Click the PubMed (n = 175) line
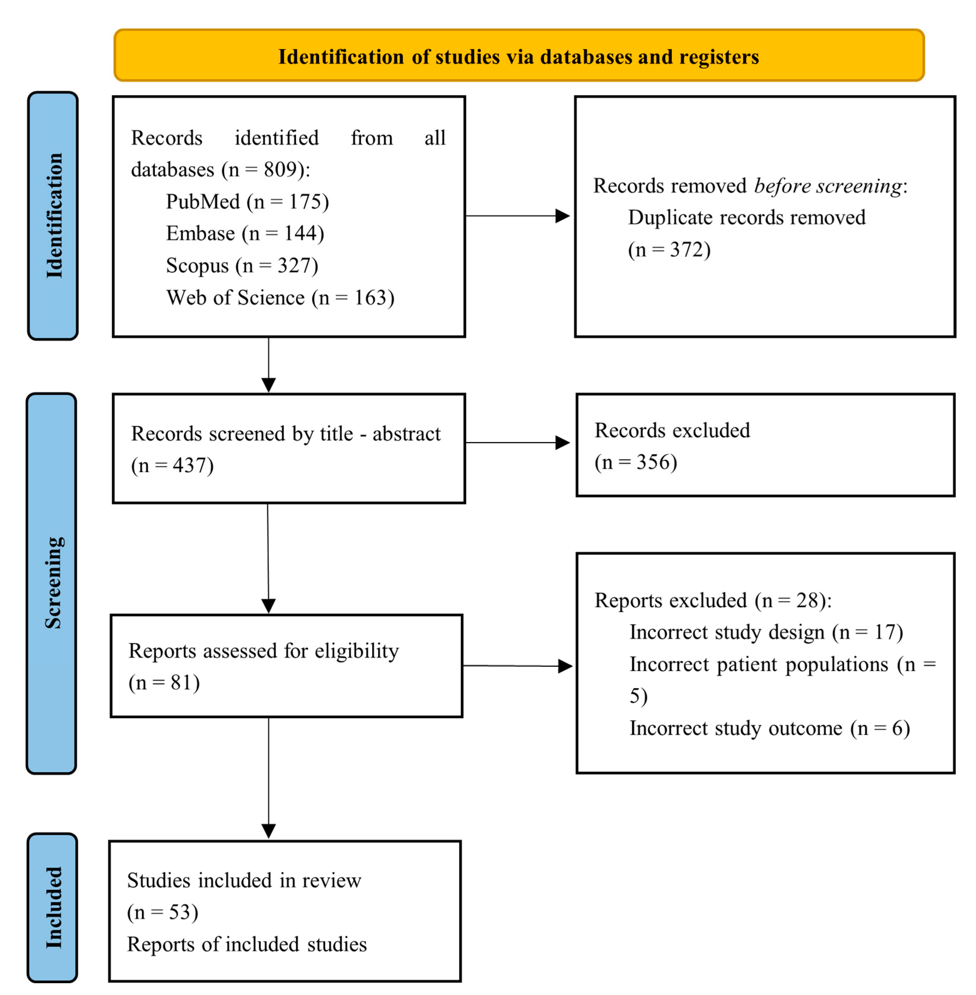click(247, 202)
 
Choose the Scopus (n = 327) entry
click(242, 265)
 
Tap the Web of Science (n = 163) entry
click(280, 298)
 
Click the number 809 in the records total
click(280, 170)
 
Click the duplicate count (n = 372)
click(669, 250)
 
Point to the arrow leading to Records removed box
click(518, 216)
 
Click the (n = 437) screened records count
click(172, 465)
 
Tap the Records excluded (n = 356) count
click(636, 462)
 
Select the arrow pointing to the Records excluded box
click(518, 443)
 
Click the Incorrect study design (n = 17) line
click(766, 632)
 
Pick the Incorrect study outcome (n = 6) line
click(769, 728)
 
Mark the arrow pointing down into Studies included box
click(269, 776)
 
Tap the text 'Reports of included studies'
click(247, 944)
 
